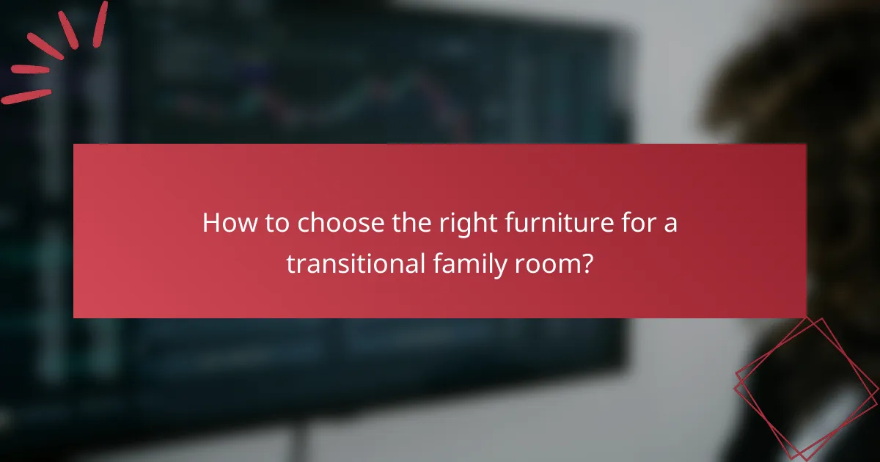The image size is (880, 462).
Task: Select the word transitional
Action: [353, 263]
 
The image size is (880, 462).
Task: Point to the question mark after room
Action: [587, 263]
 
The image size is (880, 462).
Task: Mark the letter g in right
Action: [458, 227]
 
